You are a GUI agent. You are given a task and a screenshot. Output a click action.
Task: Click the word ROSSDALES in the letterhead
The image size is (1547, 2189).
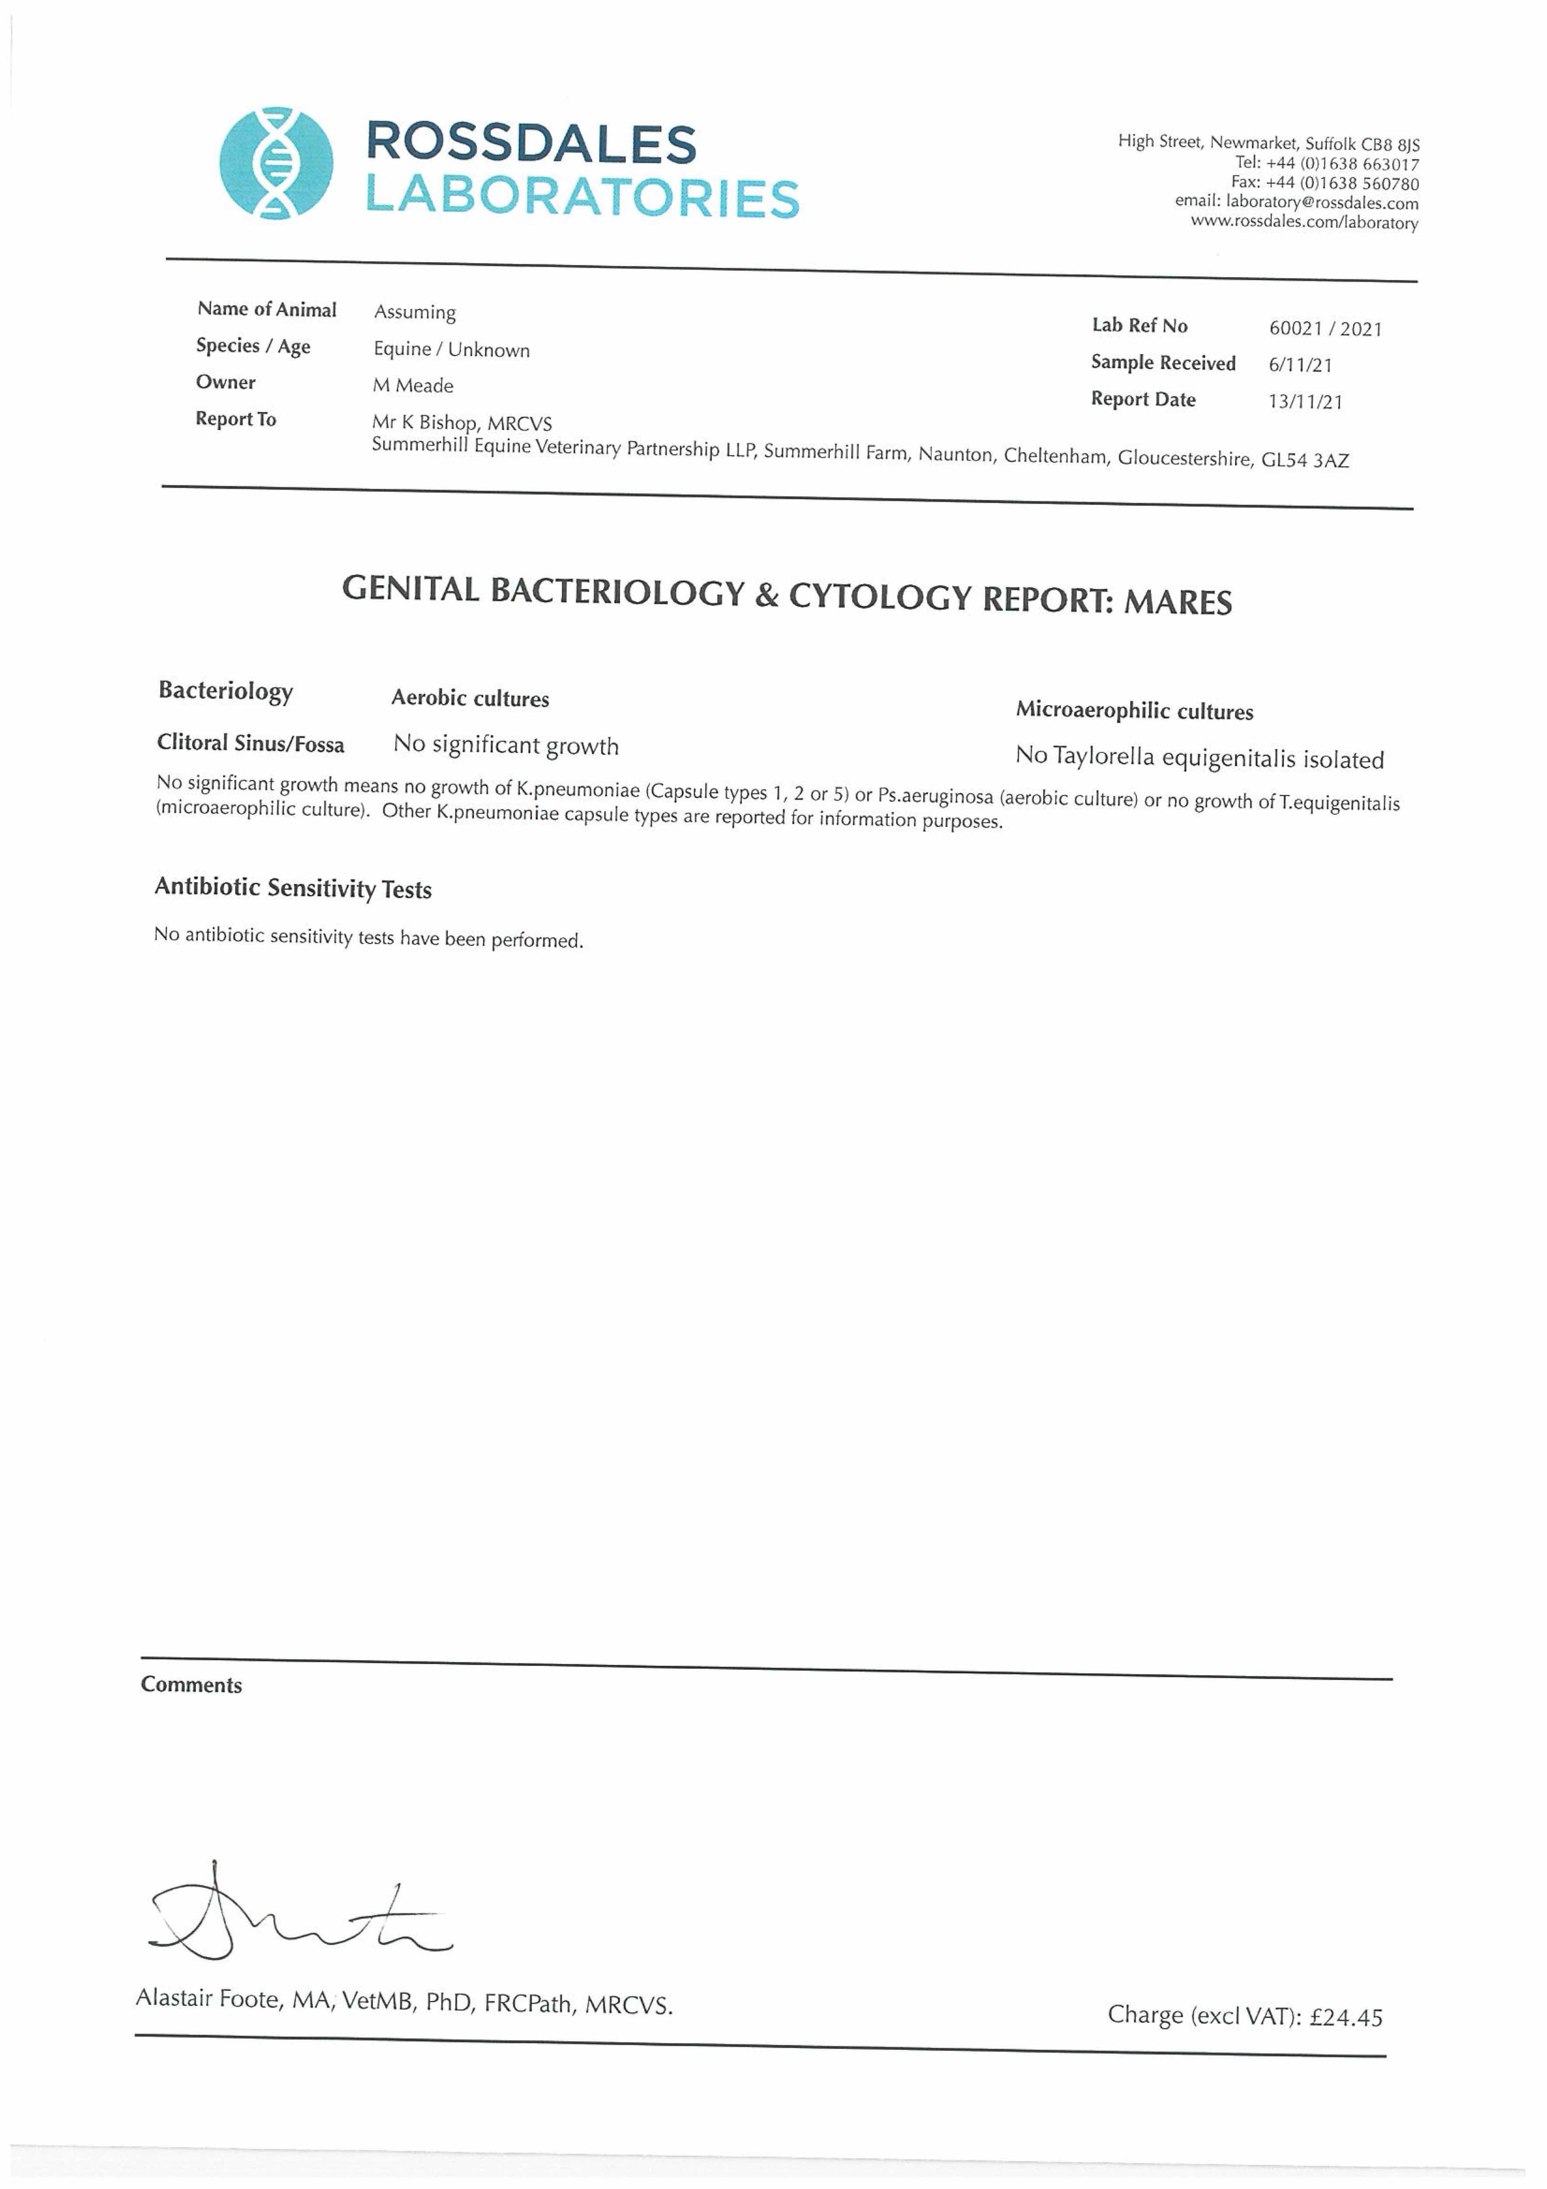point(531,143)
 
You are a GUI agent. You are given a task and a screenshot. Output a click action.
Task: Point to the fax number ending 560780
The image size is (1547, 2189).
point(1342,183)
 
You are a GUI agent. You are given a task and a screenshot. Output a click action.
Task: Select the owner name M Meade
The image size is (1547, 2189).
point(413,385)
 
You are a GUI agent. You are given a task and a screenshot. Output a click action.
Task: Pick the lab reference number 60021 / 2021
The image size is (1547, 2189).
point(1325,329)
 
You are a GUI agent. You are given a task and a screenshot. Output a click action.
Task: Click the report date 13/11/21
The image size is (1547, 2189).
point(1305,401)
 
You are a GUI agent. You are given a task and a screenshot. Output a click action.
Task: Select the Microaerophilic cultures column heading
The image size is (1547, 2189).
point(1134,710)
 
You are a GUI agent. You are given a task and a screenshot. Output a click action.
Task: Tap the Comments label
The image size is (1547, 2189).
point(192,1685)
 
